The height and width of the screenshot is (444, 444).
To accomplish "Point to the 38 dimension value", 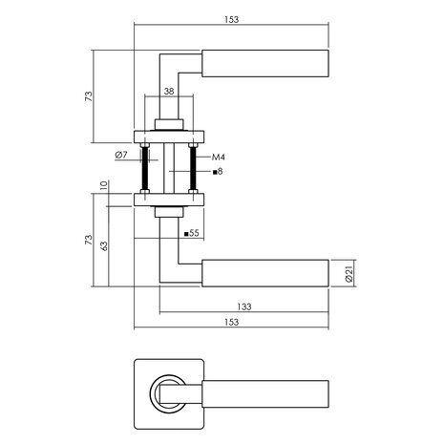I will click(x=168, y=93).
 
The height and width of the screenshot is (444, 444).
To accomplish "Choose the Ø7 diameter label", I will click(x=121, y=155).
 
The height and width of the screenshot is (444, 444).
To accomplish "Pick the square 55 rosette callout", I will click(x=191, y=232).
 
